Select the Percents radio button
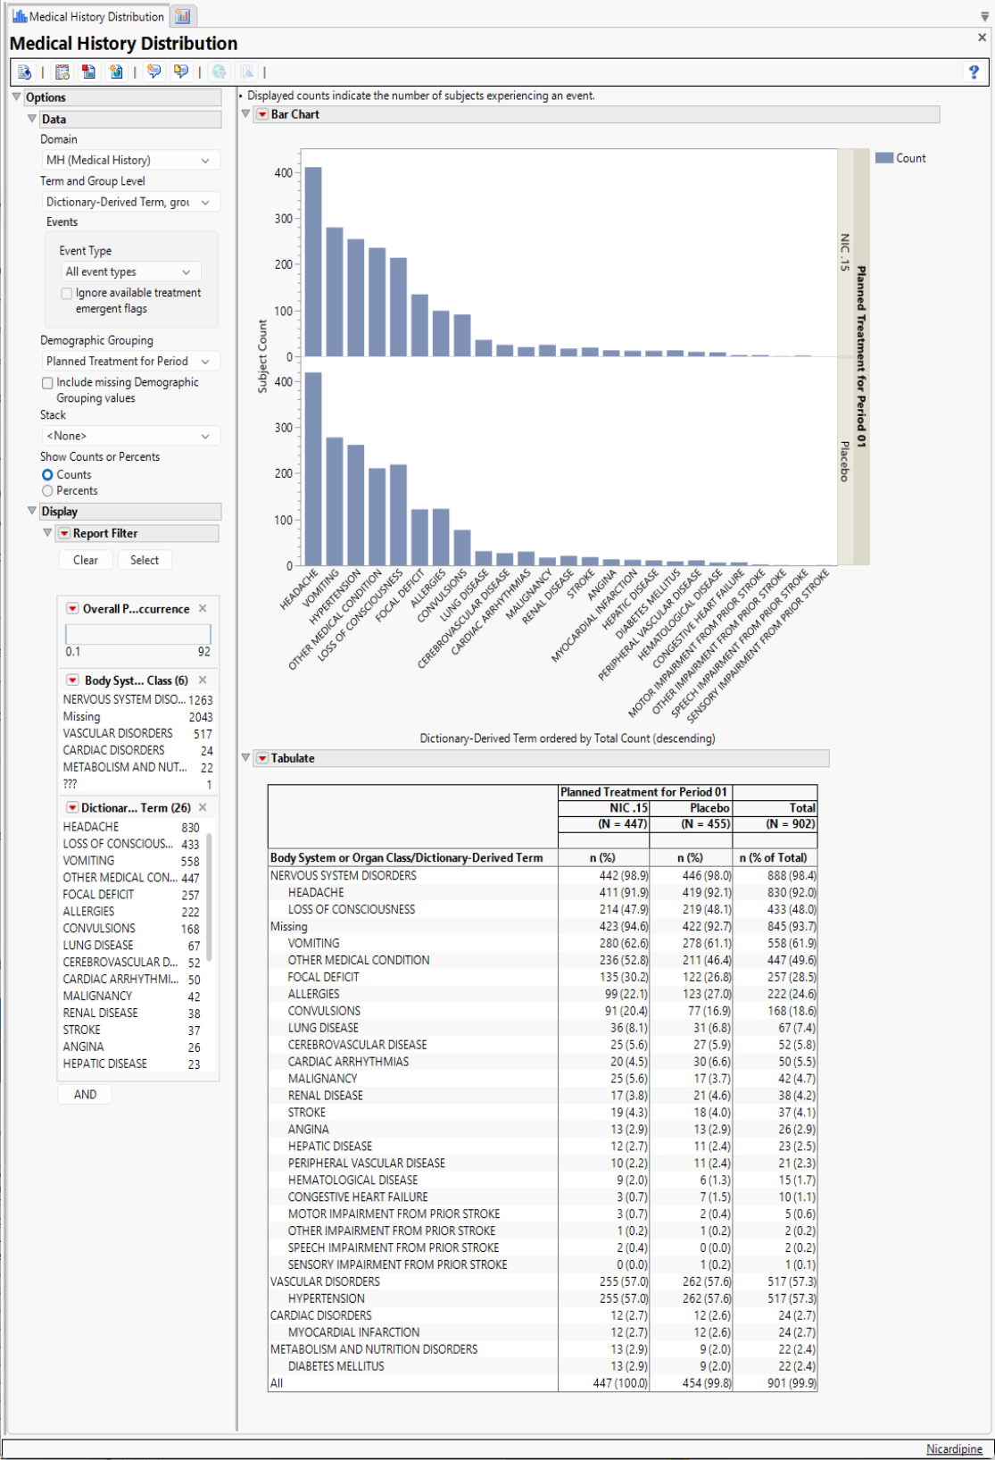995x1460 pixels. tap(48, 491)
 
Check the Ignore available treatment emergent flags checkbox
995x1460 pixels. tap(67, 293)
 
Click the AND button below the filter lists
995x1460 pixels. tap(86, 1095)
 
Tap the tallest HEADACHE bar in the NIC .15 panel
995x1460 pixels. tap(313, 262)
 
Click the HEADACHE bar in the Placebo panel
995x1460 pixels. tap(313, 469)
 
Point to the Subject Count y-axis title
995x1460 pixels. tap(262, 356)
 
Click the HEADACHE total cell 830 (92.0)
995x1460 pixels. tap(791, 892)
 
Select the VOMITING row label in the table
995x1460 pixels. tap(313, 943)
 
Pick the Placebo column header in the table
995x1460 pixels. tap(709, 808)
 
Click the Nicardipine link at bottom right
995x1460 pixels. tap(954, 1448)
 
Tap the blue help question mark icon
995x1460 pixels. tap(974, 72)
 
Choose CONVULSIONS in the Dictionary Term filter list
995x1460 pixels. tap(99, 929)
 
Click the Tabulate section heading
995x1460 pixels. tap(293, 758)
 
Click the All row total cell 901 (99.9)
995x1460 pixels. tap(791, 1383)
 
